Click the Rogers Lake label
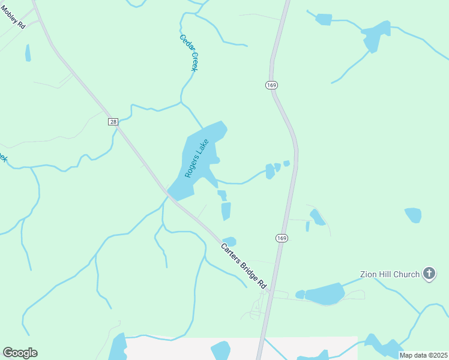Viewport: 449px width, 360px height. (x=196, y=159)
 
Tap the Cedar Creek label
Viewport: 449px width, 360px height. (x=189, y=53)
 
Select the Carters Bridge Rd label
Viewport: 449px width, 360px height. (x=243, y=266)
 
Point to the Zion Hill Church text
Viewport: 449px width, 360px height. (x=390, y=274)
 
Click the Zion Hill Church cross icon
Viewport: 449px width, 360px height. (x=429, y=274)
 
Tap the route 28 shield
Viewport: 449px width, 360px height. (x=113, y=122)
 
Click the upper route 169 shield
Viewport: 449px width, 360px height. (x=271, y=85)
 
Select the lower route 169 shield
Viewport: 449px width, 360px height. (x=282, y=238)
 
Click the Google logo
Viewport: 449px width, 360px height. (x=20, y=353)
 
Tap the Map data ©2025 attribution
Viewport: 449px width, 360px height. (x=423, y=355)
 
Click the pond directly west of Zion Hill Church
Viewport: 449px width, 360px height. (x=324, y=293)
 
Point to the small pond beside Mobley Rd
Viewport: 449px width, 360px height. (x=28, y=53)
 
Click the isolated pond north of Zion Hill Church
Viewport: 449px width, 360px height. (x=413, y=215)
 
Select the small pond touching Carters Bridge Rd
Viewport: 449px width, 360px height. (x=229, y=241)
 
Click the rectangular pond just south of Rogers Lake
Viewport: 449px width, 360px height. (x=226, y=211)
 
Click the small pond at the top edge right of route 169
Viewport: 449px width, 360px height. (x=324, y=19)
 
